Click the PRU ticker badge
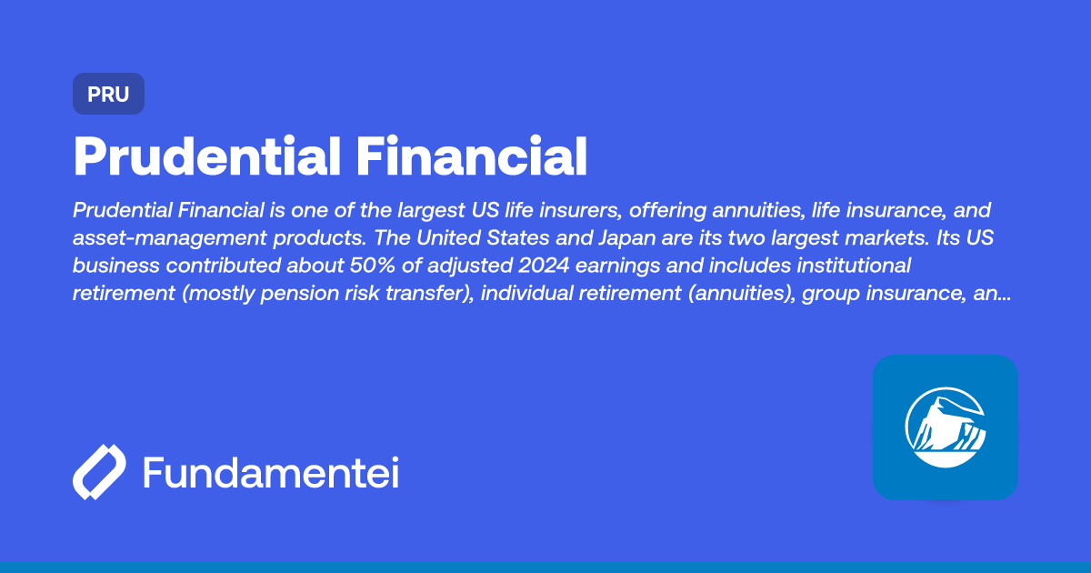pyautogui.click(x=108, y=94)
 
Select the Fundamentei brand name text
pyautogui.click(x=271, y=473)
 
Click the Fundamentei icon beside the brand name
pyautogui.click(x=99, y=473)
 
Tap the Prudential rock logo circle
pyautogui.click(x=945, y=427)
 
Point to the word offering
pyautogui.click(x=662, y=211)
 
